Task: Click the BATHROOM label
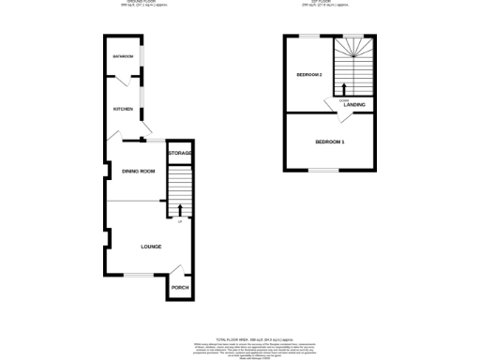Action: click(123, 57)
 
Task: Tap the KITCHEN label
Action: click(123, 109)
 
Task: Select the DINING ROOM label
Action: click(138, 171)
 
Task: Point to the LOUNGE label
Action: click(151, 247)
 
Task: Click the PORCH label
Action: click(179, 287)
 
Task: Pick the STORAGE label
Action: click(180, 153)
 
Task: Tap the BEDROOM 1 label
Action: click(329, 142)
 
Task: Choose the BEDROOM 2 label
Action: click(309, 75)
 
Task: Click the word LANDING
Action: click(354, 104)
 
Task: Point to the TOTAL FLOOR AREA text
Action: click(239, 337)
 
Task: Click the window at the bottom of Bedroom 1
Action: click(324, 171)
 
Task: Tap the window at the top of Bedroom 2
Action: click(308, 36)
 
